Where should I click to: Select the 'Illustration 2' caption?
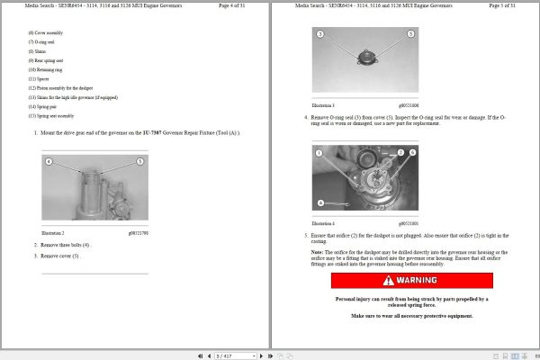point(52,232)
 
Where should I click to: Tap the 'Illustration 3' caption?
point(323,105)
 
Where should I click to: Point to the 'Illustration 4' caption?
point(323,222)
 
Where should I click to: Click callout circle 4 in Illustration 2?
point(49,161)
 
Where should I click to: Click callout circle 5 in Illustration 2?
point(139,161)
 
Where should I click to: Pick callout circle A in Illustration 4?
point(321,202)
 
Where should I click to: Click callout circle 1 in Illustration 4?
point(319,153)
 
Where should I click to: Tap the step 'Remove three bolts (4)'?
point(67,244)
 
